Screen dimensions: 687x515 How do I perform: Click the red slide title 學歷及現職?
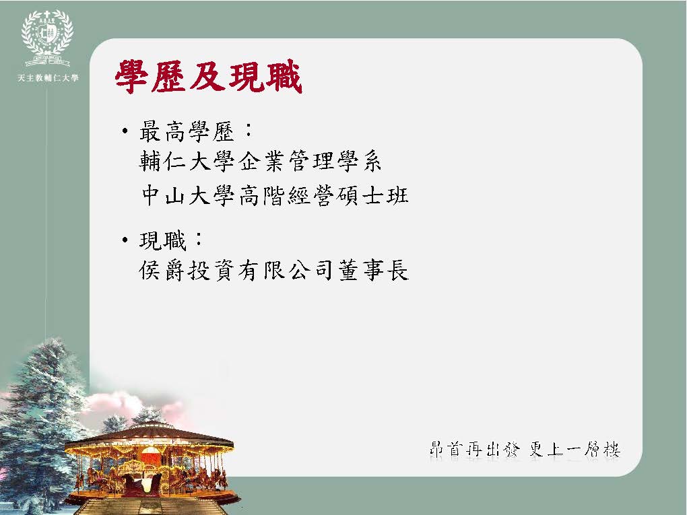(x=209, y=77)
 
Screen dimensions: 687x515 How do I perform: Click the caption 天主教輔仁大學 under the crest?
(x=48, y=78)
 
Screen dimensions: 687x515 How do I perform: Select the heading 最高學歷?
(x=187, y=131)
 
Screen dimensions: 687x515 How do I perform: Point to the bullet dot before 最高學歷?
(x=125, y=131)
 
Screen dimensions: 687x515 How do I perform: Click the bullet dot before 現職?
(x=125, y=240)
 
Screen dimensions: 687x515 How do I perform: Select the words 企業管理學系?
(x=310, y=161)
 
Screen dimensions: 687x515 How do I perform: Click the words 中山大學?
(x=189, y=195)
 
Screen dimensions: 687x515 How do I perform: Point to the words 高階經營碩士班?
(x=324, y=195)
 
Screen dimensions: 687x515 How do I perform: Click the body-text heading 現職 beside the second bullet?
(x=163, y=240)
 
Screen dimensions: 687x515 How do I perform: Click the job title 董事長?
(x=373, y=270)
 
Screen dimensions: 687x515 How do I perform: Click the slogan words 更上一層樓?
(x=575, y=450)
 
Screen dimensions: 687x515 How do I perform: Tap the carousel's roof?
(x=149, y=436)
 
